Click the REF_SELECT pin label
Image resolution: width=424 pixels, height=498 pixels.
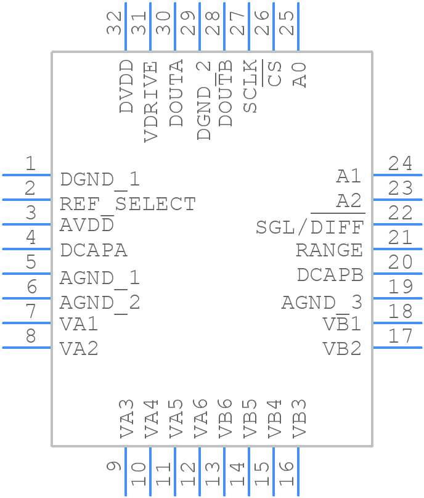point(128,203)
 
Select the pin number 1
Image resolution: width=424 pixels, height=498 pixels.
point(30,164)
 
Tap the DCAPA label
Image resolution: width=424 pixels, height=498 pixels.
point(94,251)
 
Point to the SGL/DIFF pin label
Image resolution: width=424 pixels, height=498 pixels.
point(309,227)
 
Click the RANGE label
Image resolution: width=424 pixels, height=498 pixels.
point(329,251)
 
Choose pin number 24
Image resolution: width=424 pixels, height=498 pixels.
point(400,164)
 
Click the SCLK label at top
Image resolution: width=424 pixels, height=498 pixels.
point(250,86)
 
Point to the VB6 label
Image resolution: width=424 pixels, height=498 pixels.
point(226,419)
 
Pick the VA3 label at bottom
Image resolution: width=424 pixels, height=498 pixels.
point(126,419)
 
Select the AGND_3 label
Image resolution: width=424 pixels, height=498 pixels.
point(322,303)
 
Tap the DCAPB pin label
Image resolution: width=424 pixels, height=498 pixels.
point(330,275)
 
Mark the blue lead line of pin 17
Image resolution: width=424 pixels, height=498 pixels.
point(397,348)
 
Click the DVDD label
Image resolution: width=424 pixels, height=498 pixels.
point(126,86)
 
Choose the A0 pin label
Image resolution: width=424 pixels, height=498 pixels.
point(300,74)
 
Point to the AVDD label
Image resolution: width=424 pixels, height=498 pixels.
point(87,226)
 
